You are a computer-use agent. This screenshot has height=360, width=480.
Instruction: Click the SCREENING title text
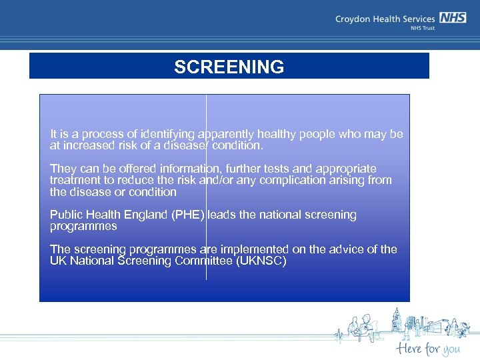(229, 67)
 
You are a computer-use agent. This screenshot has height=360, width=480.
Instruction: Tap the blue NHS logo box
(453, 19)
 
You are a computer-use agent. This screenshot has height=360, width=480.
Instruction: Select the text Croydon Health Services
(385, 19)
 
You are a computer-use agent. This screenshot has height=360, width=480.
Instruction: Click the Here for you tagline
(427, 348)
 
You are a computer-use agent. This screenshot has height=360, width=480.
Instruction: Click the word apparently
(226, 134)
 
